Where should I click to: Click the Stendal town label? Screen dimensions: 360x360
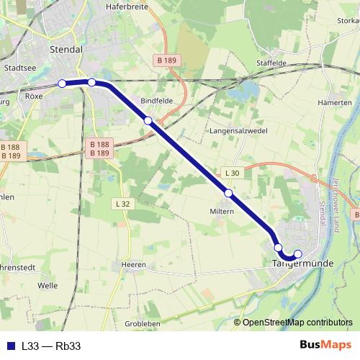coord(68,49)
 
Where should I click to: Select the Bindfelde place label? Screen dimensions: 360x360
coord(157,101)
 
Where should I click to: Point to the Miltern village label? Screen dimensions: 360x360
coord(222,212)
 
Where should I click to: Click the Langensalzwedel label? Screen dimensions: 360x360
coord(238,131)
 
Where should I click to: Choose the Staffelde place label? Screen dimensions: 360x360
coord(271,63)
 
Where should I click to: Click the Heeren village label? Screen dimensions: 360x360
coord(134,265)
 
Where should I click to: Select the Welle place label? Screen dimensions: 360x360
coord(48,285)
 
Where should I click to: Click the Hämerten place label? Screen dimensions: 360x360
coord(334,103)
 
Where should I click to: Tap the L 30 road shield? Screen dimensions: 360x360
coord(232,174)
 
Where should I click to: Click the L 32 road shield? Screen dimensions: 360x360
coord(123,204)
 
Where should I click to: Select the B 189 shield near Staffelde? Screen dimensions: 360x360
coord(167,59)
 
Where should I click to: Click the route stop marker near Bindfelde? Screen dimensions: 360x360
coord(148,120)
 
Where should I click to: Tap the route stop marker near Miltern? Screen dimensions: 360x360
coord(228,193)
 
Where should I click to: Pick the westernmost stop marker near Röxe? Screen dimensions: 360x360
coord(62,84)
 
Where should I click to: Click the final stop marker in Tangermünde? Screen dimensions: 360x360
coord(298,253)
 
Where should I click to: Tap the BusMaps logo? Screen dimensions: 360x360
coord(325,346)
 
